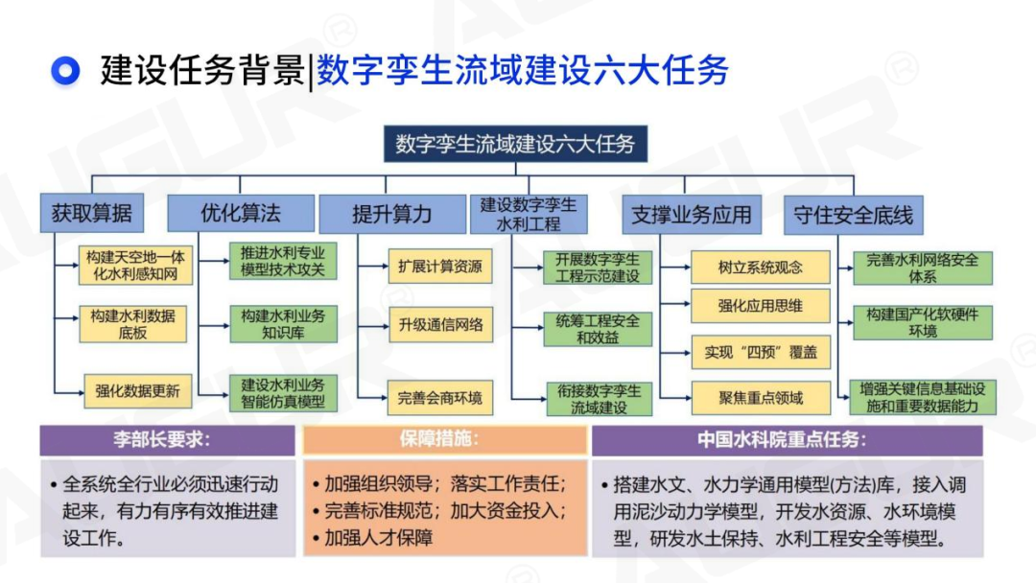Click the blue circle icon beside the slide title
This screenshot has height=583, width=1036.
click(65, 70)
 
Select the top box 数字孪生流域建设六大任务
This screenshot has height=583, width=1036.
click(515, 145)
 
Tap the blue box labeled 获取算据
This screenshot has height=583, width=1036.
click(92, 214)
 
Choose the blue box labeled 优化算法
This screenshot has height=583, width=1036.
click(241, 213)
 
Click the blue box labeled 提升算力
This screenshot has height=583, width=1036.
click(391, 214)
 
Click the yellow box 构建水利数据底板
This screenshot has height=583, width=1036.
click(133, 324)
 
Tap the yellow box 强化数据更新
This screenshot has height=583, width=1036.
click(137, 390)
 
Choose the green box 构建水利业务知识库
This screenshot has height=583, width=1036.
click(283, 324)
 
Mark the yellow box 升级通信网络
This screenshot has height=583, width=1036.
click(440, 324)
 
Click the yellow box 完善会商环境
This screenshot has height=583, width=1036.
click(440, 397)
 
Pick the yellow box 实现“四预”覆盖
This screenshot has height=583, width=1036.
click(761, 352)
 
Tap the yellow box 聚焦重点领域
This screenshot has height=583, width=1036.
click(761, 397)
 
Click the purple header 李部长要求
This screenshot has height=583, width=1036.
click(168, 440)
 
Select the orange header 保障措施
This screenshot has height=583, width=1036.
click(444, 440)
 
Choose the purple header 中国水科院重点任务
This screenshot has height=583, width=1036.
click(787, 440)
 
